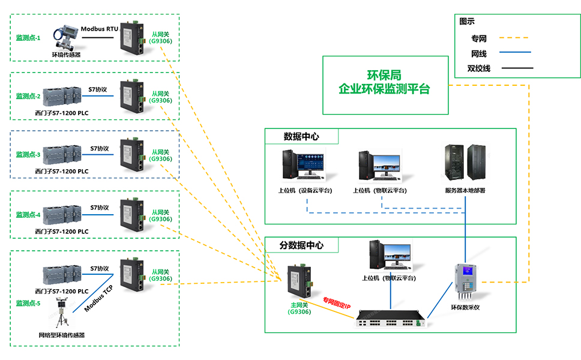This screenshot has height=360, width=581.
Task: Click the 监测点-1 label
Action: tap(28, 38)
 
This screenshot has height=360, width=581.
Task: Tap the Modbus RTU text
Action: tap(99, 28)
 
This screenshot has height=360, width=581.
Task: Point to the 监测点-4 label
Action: tap(28, 214)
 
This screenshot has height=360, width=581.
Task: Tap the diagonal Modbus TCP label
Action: tap(98, 298)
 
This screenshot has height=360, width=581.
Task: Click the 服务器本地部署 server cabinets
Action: tap(465, 163)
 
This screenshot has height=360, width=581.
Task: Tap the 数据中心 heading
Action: tap(301, 136)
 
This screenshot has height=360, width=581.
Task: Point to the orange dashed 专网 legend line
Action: tap(516, 38)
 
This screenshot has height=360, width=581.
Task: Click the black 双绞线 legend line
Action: tap(516, 68)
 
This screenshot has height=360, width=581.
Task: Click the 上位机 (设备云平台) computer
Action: tap(304, 164)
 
